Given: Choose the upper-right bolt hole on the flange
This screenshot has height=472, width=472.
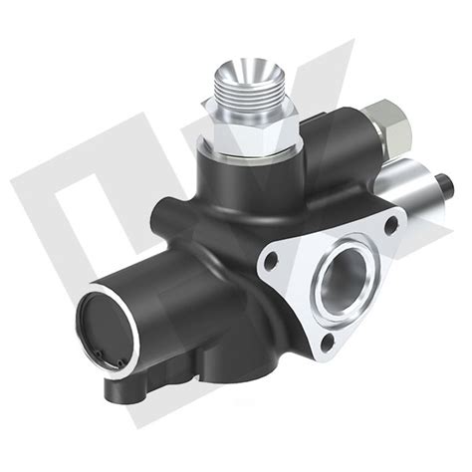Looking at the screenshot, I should pos(390,224).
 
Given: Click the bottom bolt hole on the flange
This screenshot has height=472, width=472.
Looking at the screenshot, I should pos(327,344).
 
